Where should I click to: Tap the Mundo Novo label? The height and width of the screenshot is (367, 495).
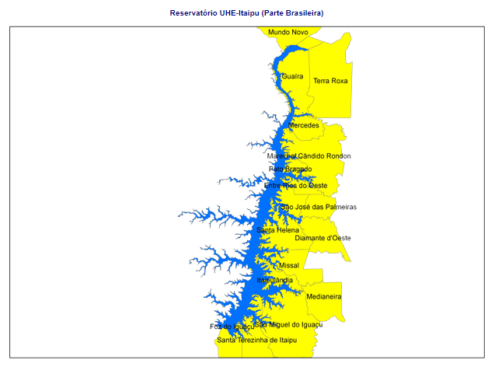point(288,32)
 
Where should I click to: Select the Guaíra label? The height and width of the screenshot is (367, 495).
point(292,76)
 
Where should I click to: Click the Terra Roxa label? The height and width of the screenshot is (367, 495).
point(330,81)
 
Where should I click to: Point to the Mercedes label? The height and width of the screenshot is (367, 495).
point(303,125)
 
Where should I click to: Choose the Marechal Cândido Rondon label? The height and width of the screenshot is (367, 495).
point(309,156)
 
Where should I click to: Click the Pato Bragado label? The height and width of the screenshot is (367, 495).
point(290,170)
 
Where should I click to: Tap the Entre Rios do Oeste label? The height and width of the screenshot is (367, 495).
point(295,186)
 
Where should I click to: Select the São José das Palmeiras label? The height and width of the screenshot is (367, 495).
point(318,207)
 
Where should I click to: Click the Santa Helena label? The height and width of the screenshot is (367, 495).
point(277,230)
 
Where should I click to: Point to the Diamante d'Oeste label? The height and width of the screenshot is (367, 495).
point(322,238)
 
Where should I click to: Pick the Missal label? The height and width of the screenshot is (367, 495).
point(288,266)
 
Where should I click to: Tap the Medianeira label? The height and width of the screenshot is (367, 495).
point(324,297)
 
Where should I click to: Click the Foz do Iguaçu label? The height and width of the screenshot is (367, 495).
point(232,327)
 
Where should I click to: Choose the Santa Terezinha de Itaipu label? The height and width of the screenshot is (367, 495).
point(257,341)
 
